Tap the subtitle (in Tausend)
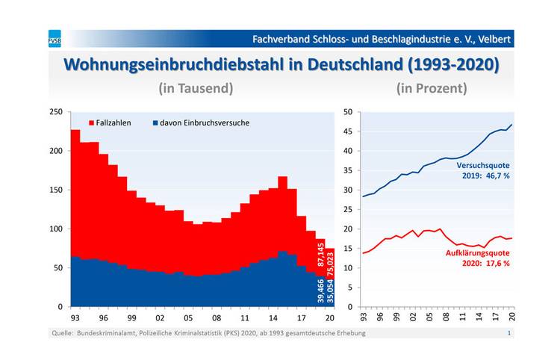[x=196, y=88]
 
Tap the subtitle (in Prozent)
[x=432, y=88]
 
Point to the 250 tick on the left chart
[x=56, y=112]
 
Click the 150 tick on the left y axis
[x=56, y=190]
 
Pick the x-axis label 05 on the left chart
[x=188, y=317]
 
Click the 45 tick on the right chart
[x=347, y=131]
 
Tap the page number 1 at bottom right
[x=509, y=333]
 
